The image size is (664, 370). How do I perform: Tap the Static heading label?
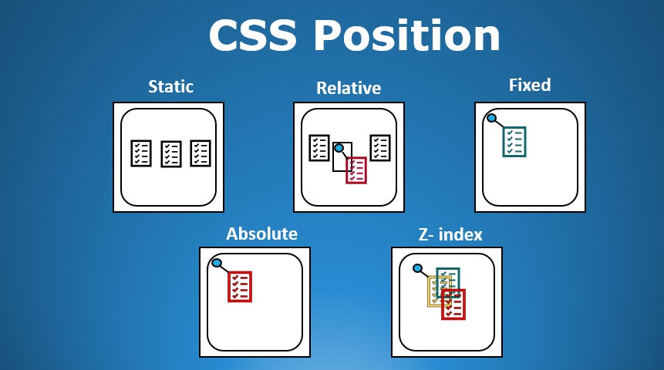coord(170,86)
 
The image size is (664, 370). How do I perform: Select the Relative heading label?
coord(349,88)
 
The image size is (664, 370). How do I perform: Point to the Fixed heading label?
coord(530,85)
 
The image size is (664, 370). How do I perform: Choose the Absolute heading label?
coord(261,234)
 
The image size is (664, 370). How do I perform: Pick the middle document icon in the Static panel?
coord(170,153)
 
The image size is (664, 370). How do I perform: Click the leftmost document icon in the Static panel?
coord(141,152)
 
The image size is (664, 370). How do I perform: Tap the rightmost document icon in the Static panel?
coord(201,152)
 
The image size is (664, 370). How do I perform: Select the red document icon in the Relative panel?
coord(356,170)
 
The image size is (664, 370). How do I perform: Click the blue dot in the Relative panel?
coord(338,148)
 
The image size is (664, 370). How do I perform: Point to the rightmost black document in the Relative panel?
coord(379,147)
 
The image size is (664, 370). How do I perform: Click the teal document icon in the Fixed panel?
coord(514,142)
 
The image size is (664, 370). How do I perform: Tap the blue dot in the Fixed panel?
coord(491,119)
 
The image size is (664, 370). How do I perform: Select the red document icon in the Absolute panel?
coord(240,286)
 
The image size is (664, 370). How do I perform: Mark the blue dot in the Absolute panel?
coord(217,264)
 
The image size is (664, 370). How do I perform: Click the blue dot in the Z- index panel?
coord(417,269)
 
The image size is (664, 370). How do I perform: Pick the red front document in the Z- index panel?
coord(453,304)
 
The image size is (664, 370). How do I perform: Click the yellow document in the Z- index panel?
coord(436,291)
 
